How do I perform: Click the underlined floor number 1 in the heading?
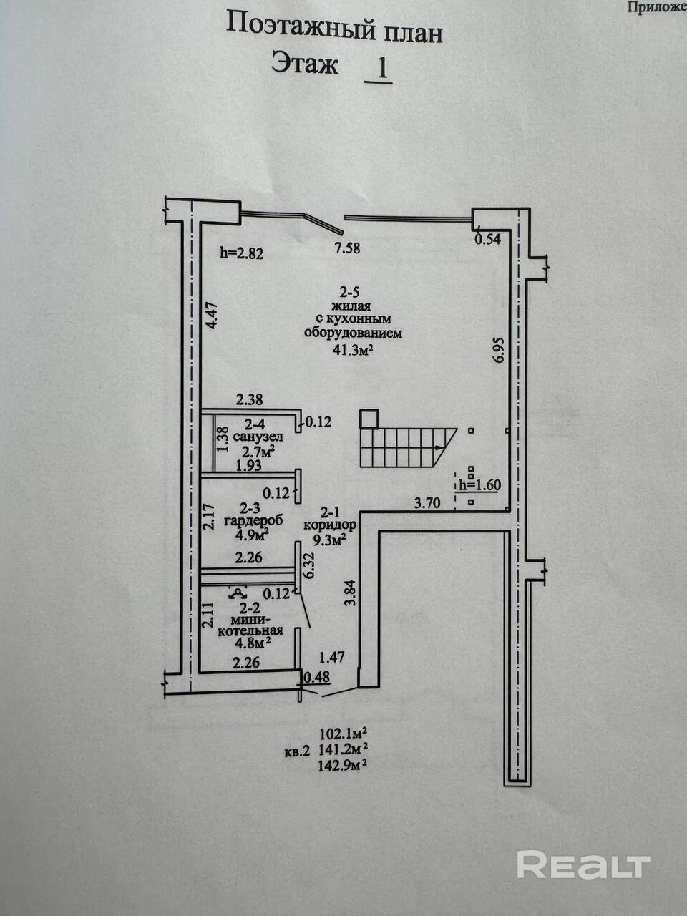[x=378, y=69]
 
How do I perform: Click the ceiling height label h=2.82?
[x=242, y=253]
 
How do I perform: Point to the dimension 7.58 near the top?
[x=346, y=248]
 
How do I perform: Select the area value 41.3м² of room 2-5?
[x=352, y=350]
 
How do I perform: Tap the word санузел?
[x=258, y=437]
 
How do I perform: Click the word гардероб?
[x=253, y=520]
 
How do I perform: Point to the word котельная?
[x=250, y=630]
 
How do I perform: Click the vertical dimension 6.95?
[x=500, y=350]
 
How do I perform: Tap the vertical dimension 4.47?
[x=213, y=316]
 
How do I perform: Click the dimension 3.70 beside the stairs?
[x=427, y=503]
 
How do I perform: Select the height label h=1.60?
[x=479, y=485]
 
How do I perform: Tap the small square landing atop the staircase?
[x=369, y=419]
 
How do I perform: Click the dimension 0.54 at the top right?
[x=487, y=239]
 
